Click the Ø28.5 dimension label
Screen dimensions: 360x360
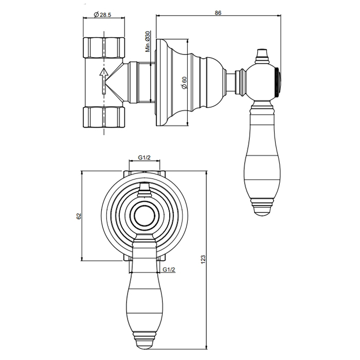click(102, 15)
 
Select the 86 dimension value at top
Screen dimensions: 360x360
click(218, 13)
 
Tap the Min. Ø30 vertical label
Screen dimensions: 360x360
click(148, 42)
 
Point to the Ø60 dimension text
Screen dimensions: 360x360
click(184, 83)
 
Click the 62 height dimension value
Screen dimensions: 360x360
click(79, 216)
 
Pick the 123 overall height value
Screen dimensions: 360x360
click(203, 259)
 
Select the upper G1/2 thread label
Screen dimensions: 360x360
click(144, 157)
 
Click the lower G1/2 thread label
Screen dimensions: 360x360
click(169, 269)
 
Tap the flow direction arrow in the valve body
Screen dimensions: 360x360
click(104, 81)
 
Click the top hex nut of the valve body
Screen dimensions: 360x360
click(104, 47)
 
